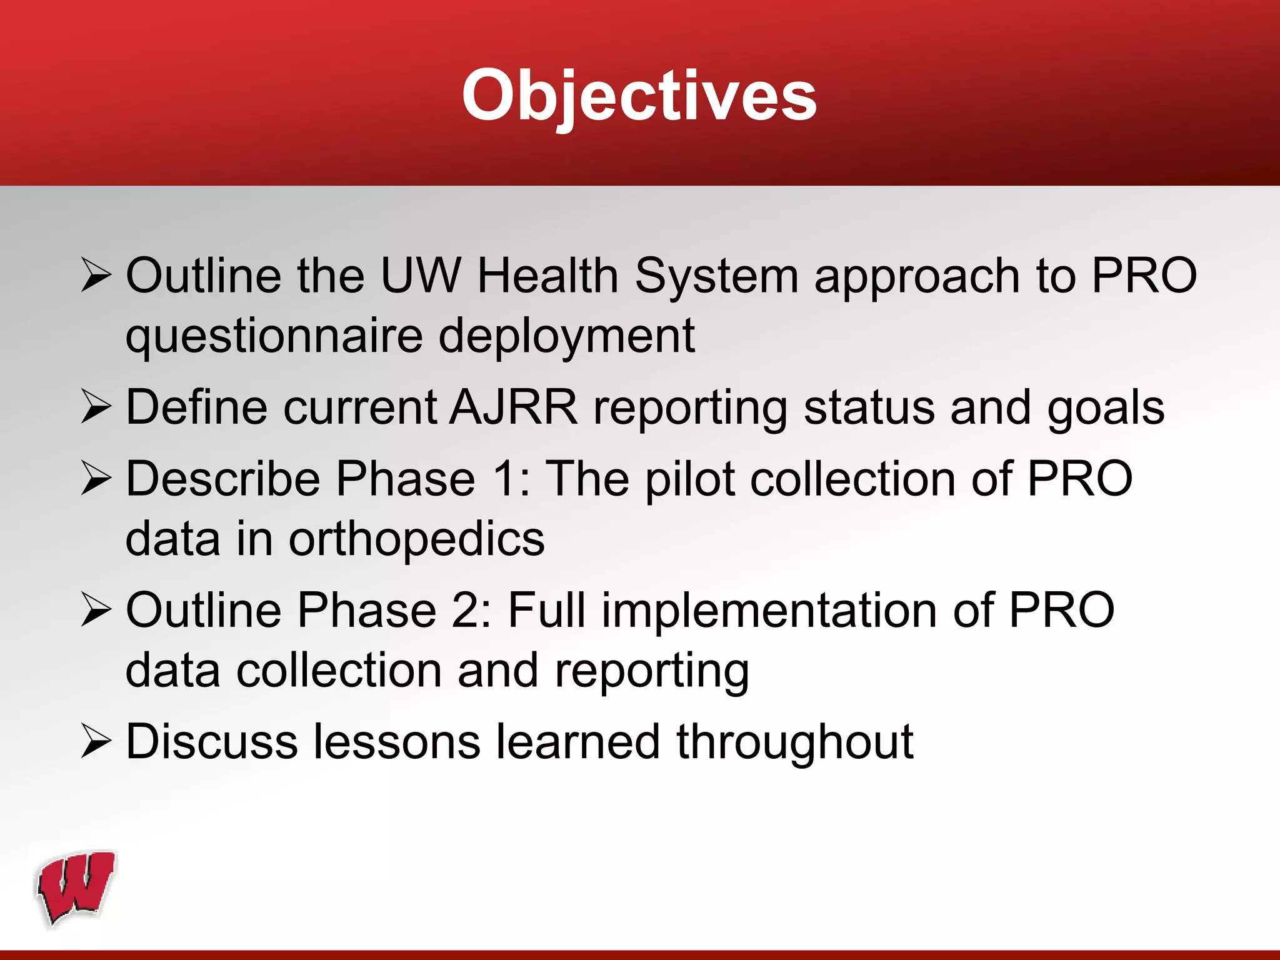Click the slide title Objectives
[x=639, y=95]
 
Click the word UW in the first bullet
[x=420, y=276]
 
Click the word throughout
[x=794, y=742]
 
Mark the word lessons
[x=396, y=742]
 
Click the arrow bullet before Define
[x=96, y=407]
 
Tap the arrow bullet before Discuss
[x=96, y=742]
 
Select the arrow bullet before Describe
[x=96, y=479]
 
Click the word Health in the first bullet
[x=547, y=276]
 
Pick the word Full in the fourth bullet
[x=547, y=611]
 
